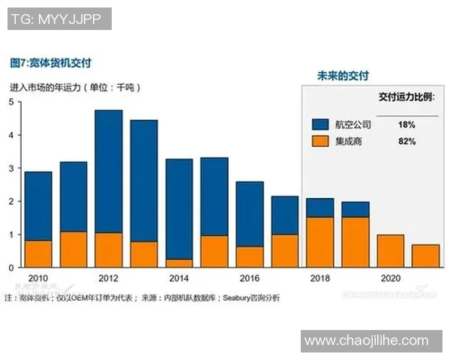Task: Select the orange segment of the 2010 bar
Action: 38,253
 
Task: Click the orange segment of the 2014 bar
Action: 178,263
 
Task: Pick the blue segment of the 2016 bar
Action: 249,214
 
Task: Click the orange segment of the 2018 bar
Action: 319,242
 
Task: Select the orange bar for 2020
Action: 390,250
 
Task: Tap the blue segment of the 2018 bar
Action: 319,208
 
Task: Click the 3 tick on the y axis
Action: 11,169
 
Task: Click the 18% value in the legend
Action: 407,124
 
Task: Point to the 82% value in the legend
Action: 407,141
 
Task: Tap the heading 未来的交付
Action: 343,76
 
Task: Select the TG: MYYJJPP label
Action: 59,19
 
